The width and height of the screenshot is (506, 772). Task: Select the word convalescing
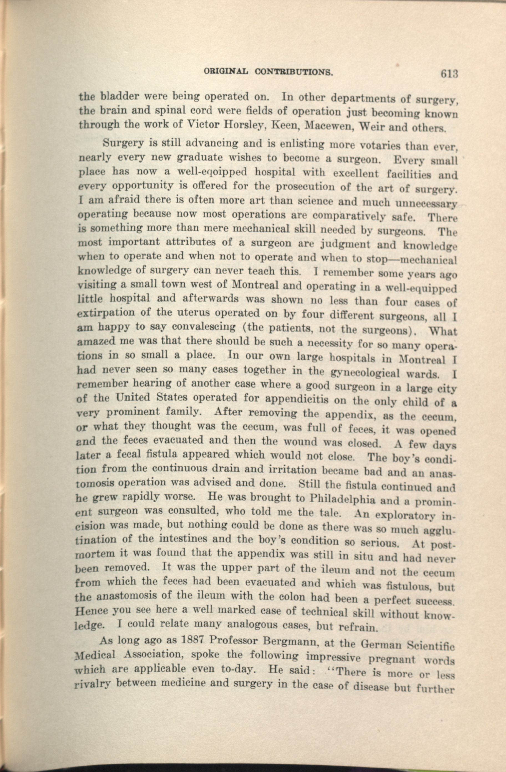tap(204, 327)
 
